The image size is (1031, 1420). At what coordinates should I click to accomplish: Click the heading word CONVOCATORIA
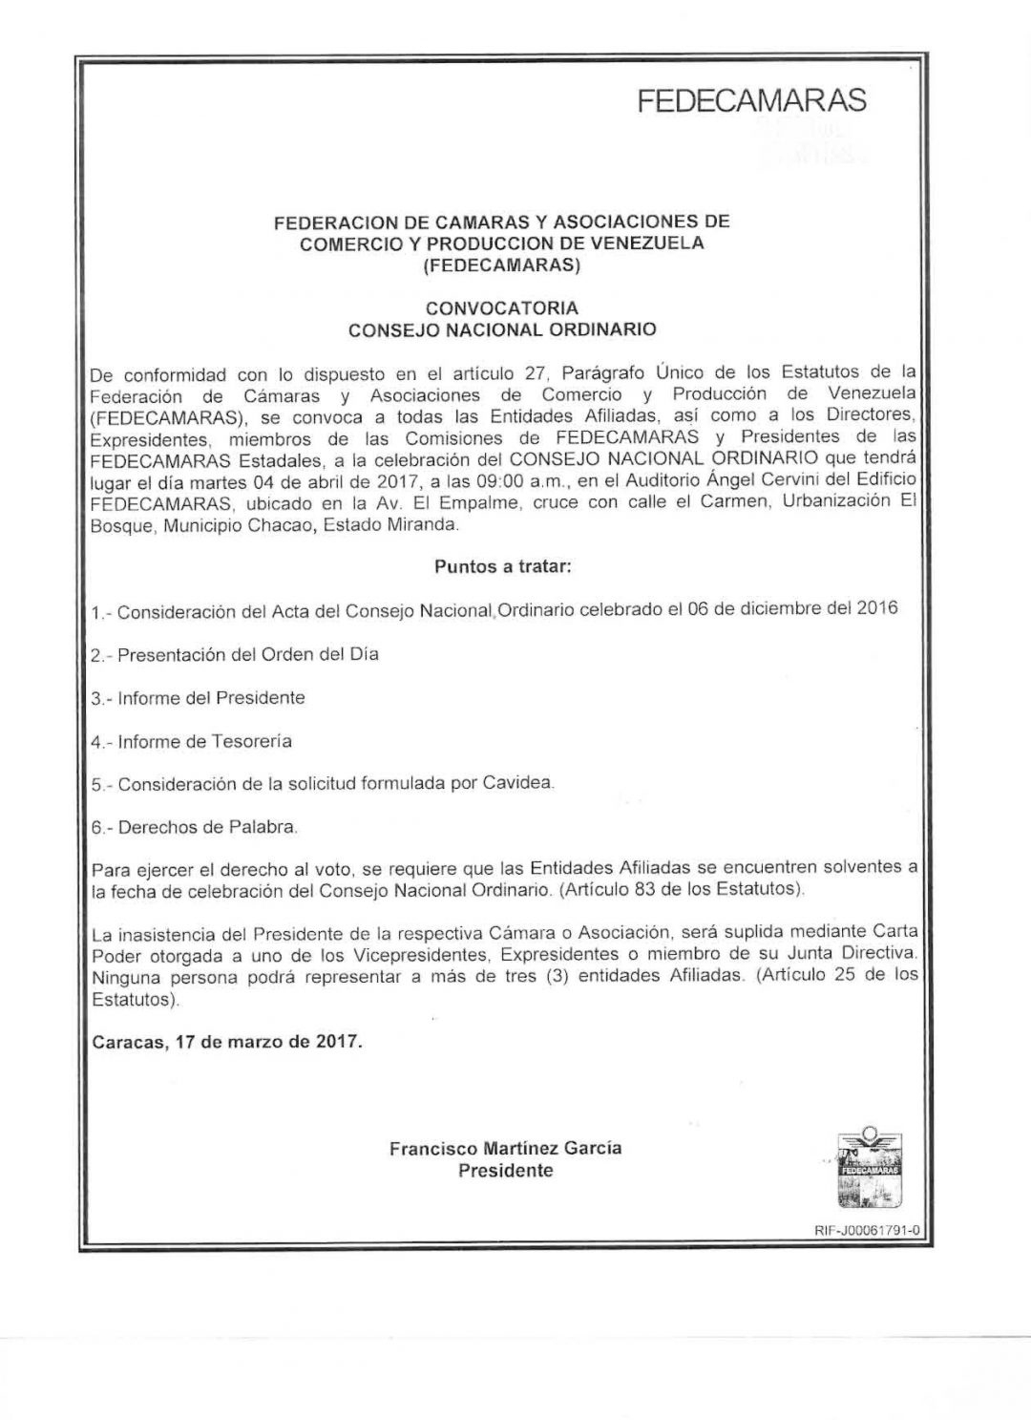pyautogui.click(x=502, y=308)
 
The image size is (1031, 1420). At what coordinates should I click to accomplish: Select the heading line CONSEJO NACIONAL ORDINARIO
pyautogui.click(x=502, y=330)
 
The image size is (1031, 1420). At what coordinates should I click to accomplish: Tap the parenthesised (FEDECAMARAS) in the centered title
pyautogui.click(x=502, y=265)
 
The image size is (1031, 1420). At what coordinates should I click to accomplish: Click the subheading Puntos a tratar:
pyautogui.click(x=503, y=566)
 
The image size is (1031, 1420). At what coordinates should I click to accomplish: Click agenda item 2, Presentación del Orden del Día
pyautogui.click(x=234, y=654)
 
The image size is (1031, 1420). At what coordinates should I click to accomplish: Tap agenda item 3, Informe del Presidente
pyautogui.click(x=199, y=698)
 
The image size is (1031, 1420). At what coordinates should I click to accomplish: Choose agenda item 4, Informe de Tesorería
pyautogui.click(x=192, y=741)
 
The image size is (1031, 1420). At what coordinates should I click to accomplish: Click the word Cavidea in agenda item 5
pyautogui.click(x=523, y=783)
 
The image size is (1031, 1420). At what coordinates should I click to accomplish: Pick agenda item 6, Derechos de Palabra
pyautogui.click(x=195, y=827)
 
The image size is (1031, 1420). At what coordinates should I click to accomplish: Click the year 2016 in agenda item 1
pyautogui.click(x=877, y=608)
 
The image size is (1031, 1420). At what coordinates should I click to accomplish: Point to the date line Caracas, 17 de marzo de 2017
pyautogui.click(x=227, y=1042)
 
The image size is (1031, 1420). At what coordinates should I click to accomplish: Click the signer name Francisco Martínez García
pyautogui.click(x=505, y=1148)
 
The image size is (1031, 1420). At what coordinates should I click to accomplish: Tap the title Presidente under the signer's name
pyautogui.click(x=505, y=1171)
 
